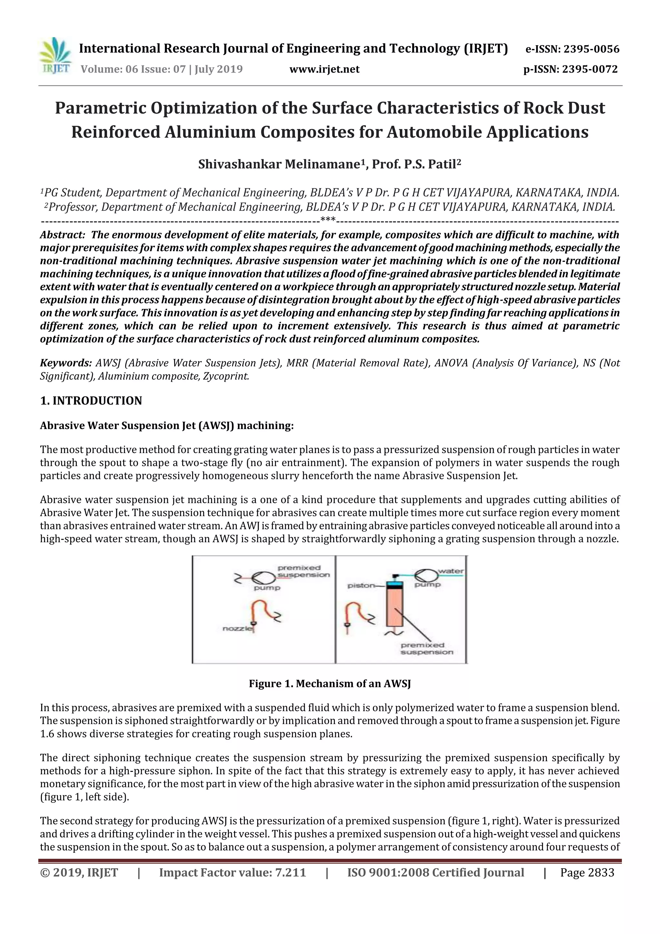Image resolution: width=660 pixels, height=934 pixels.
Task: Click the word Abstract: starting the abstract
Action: (x=62, y=235)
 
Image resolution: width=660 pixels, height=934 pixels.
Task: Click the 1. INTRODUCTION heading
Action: (x=91, y=401)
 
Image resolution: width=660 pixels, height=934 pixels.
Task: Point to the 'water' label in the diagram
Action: (x=451, y=571)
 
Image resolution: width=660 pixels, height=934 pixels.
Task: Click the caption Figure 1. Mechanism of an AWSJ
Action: (x=330, y=684)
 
